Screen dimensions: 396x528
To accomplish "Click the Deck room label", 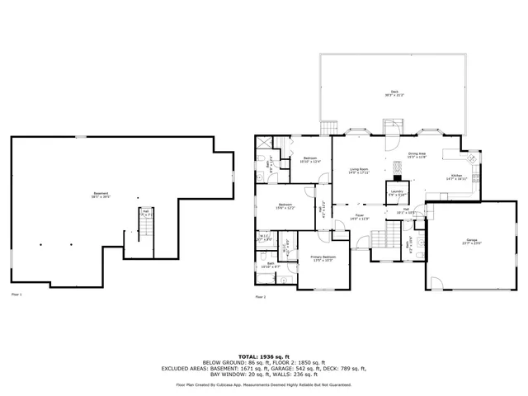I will click(x=394, y=92).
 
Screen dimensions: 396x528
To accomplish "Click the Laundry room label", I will click(x=397, y=193).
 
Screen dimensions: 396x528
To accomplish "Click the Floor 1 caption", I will click(x=16, y=295).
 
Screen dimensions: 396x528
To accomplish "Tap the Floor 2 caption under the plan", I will click(x=261, y=296).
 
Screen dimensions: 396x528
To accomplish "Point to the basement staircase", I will click(x=146, y=227).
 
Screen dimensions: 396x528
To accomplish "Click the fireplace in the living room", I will click(x=396, y=176).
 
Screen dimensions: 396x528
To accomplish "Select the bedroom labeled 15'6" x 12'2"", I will click(x=285, y=205).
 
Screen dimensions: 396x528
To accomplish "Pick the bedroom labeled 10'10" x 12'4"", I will click(x=309, y=160).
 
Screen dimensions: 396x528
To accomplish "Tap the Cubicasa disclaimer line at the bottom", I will click(x=263, y=384).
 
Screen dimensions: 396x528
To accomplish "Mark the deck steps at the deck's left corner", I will click(x=329, y=127).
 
